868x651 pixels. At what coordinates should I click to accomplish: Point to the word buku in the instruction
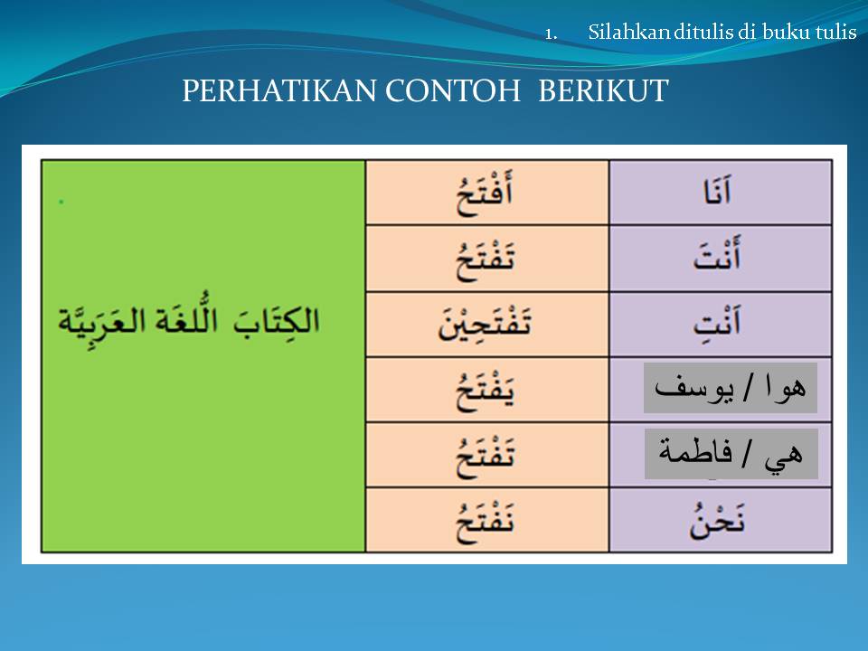(786, 33)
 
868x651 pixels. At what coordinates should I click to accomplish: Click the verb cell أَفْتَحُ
(486, 193)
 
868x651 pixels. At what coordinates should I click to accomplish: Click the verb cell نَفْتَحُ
(486, 520)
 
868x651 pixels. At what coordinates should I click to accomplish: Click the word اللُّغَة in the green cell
(193, 321)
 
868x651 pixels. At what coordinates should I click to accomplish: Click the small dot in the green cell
(61, 202)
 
